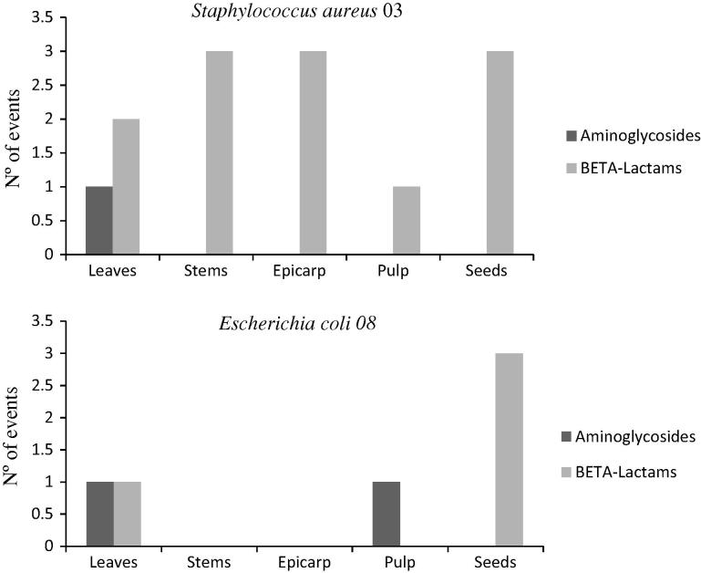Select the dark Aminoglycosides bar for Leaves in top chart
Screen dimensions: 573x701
98,221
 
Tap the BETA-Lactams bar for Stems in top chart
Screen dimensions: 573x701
219,153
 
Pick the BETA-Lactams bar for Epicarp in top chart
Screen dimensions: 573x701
313,153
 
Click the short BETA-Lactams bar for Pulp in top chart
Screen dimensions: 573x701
407,221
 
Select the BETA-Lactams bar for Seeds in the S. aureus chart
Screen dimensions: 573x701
500,153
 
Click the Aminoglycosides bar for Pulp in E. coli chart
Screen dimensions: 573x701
386,515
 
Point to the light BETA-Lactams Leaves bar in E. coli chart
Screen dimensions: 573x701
127,515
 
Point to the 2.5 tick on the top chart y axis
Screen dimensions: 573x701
39,85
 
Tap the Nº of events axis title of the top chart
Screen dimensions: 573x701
13,135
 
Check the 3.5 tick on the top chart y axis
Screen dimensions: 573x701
39,17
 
